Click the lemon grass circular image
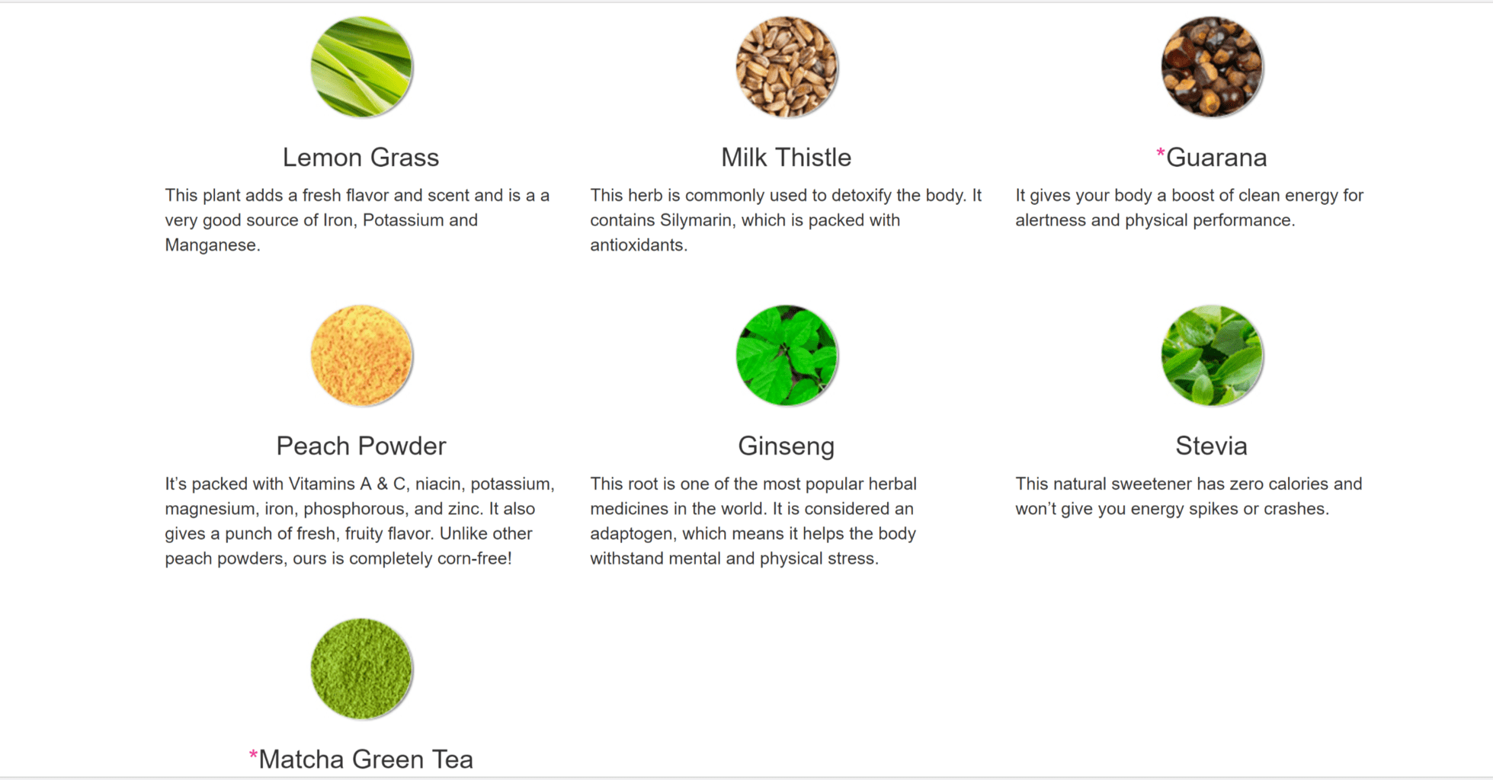point(361,67)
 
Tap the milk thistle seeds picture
point(787,67)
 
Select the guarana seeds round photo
point(1212,67)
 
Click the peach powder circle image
point(361,356)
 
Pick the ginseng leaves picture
point(787,356)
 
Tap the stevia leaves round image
point(1212,356)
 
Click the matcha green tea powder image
point(361,669)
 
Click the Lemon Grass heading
point(360,158)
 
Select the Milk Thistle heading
point(786,158)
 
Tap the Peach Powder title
point(360,446)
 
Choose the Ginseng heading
point(786,446)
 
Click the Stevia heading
point(1211,446)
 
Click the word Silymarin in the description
point(696,221)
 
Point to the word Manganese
point(212,245)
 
